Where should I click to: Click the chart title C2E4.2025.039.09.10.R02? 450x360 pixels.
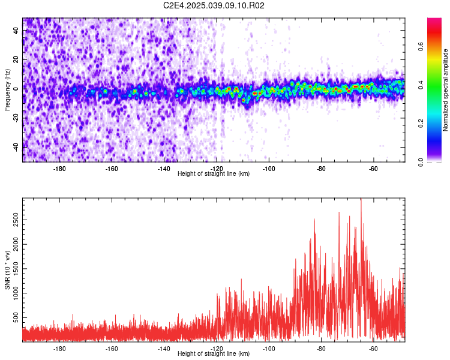pyautogui.click(x=214, y=5)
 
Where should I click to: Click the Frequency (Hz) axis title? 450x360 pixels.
pyautogui.click(x=7, y=90)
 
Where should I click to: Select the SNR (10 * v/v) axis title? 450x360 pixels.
pyautogui.click(x=7, y=270)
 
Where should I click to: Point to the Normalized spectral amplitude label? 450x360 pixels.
pyautogui.click(x=446, y=90)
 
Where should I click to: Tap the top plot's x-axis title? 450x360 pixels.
pyautogui.click(x=214, y=174)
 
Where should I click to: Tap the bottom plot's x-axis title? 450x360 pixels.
pyautogui.click(x=214, y=354)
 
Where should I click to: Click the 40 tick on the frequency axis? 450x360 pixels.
pyautogui.click(x=16, y=31)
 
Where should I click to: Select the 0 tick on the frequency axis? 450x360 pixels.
pyautogui.click(x=16, y=89)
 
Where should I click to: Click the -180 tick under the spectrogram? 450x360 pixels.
pyautogui.click(x=59, y=169)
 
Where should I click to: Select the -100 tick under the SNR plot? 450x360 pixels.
pyautogui.click(x=269, y=349)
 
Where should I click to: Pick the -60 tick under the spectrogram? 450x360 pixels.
pyautogui.click(x=373, y=169)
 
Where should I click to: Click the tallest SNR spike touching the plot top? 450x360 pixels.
pyautogui.click(x=361, y=200)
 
